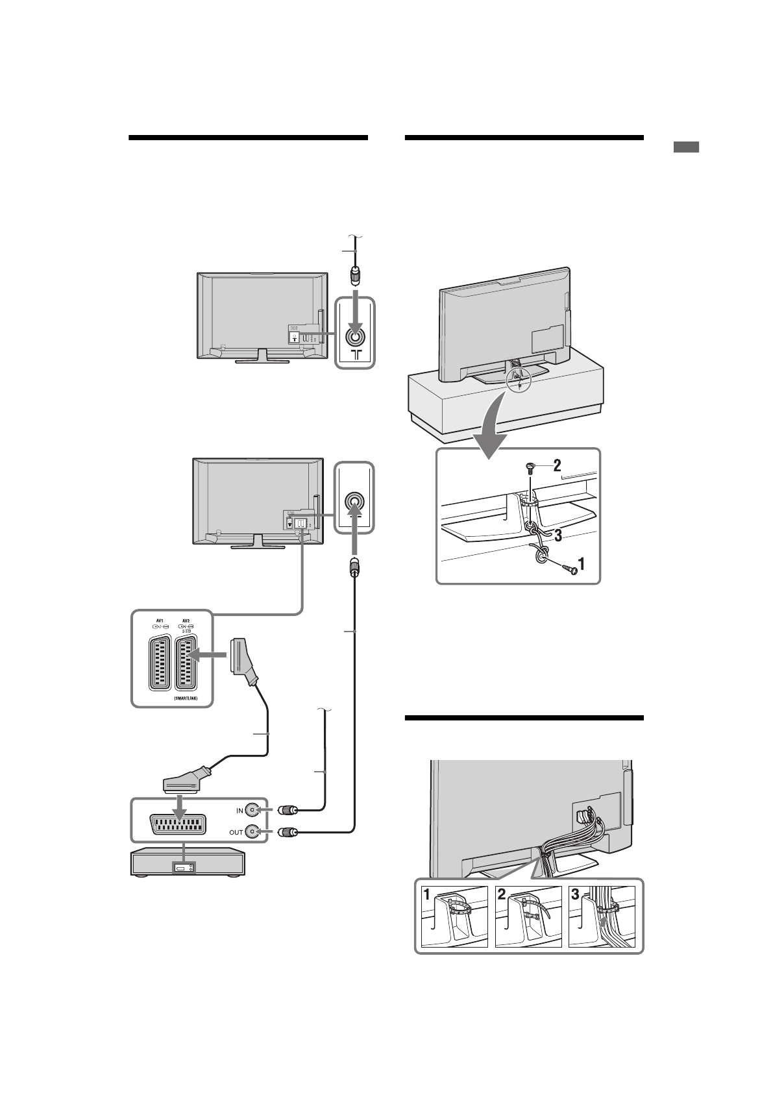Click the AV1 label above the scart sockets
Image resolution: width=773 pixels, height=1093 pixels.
pos(158,619)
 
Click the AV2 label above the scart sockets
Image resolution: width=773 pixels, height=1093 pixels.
pos(186,619)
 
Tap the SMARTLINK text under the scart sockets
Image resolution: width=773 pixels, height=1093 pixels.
pos(186,698)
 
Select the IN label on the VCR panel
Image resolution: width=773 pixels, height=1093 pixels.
pos(239,811)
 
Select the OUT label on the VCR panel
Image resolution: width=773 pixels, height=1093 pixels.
pos(236,832)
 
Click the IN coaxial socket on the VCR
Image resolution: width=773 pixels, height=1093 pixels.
pos(253,810)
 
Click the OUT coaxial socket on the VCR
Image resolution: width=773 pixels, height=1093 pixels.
pos(253,832)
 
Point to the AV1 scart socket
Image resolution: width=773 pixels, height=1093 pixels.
pos(159,662)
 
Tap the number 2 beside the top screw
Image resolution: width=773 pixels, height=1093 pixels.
pos(556,465)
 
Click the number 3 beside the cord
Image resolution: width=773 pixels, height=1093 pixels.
pos(558,535)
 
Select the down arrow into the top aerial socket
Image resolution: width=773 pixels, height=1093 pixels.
pos(354,312)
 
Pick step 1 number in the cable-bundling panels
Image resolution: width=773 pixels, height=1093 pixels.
pos(427,894)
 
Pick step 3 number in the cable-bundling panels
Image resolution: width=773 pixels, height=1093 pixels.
pos(575,894)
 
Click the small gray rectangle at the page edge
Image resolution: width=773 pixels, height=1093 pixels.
pos(685,147)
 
